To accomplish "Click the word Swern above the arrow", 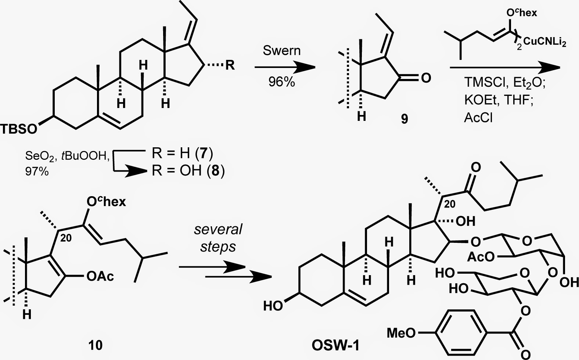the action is click(x=282, y=50).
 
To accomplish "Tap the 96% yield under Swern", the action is click(x=281, y=82).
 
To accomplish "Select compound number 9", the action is click(x=404, y=119).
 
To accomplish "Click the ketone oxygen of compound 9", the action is click(x=426, y=78).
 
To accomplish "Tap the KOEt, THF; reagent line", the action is click(x=499, y=100).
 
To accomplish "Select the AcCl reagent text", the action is click(x=478, y=118).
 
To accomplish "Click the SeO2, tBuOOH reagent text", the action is click(x=68, y=156).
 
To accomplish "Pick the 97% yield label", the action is click(x=37, y=171).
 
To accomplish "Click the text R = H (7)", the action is click(x=182, y=154).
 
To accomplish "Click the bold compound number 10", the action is click(x=96, y=345).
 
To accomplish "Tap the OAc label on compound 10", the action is click(x=100, y=277).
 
